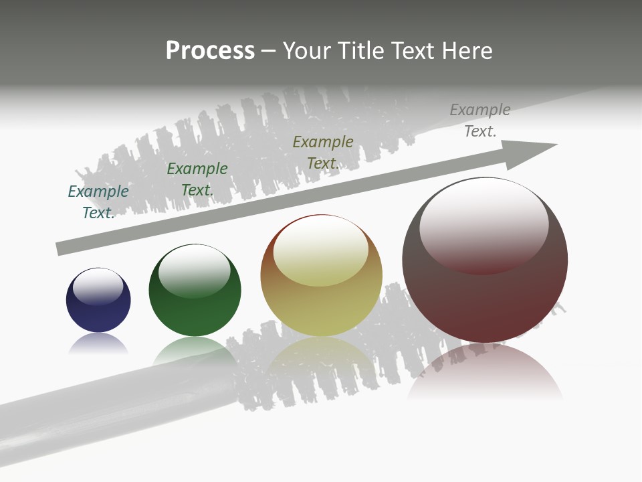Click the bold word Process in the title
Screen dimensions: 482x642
[x=210, y=51]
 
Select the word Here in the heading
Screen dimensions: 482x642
[x=466, y=51]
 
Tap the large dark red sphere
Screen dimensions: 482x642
[x=485, y=295]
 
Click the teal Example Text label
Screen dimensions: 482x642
[x=98, y=202]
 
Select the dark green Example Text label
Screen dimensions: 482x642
[x=197, y=179]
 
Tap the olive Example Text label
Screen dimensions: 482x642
[x=323, y=153]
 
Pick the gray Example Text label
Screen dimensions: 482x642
[x=480, y=120]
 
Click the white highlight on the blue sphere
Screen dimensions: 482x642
[x=98, y=286]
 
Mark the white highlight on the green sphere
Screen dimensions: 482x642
[x=195, y=269]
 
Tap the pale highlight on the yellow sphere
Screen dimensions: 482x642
[x=321, y=250]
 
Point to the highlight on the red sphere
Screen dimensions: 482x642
[x=484, y=224]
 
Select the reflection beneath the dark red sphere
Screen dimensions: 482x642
[x=485, y=372]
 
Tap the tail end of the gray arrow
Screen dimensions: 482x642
[x=62, y=248]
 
